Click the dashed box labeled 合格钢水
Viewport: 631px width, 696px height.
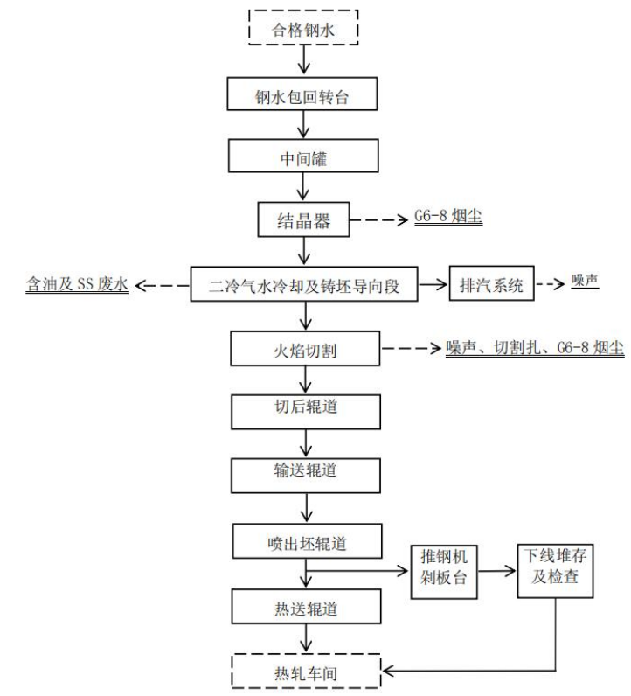point(304,27)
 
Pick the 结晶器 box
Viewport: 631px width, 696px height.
point(304,219)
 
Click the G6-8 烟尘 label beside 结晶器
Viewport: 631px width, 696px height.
point(448,219)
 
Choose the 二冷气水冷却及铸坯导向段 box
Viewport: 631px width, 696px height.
point(304,284)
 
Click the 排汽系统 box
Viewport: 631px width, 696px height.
point(491,284)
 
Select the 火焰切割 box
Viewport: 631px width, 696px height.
point(304,349)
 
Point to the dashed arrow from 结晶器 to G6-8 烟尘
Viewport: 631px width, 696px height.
point(381,219)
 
